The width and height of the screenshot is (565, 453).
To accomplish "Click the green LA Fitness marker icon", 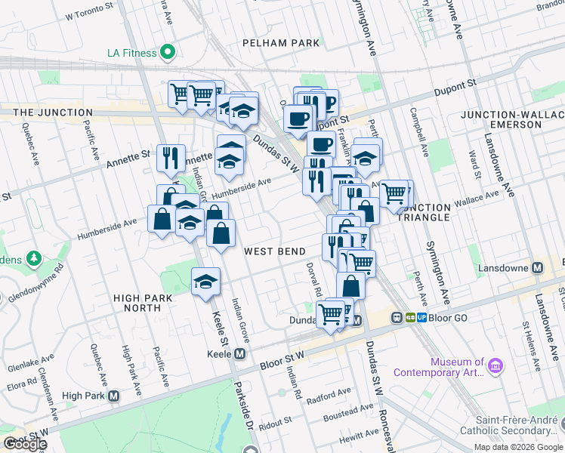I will pos(168,53).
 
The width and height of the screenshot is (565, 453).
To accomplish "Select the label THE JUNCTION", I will pos(45,112).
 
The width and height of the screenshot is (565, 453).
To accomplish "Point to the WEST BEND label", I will pos(274,251).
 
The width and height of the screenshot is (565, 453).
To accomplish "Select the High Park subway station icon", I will pos(114,396).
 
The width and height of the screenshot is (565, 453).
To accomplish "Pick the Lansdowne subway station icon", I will pos(538,268).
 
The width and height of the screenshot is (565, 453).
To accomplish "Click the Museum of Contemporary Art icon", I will pos(496,366).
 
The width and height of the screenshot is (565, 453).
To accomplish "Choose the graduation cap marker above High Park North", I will pos(205,281).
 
